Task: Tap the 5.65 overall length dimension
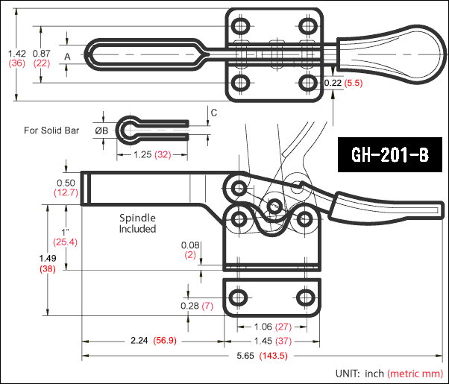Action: (x=245, y=356)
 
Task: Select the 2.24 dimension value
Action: (x=139, y=341)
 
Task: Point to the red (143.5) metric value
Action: (x=273, y=356)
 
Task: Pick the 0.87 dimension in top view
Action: (x=42, y=53)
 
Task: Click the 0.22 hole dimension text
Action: (x=333, y=84)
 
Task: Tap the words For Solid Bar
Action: (x=51, y=130)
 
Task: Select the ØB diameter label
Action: (x=102, y=130)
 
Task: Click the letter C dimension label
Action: (x=214, y=113)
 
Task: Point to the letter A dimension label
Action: (x=67, y=56)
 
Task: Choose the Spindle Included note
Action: (x=138, y=224)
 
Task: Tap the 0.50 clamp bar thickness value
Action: (x=65, y=183)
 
